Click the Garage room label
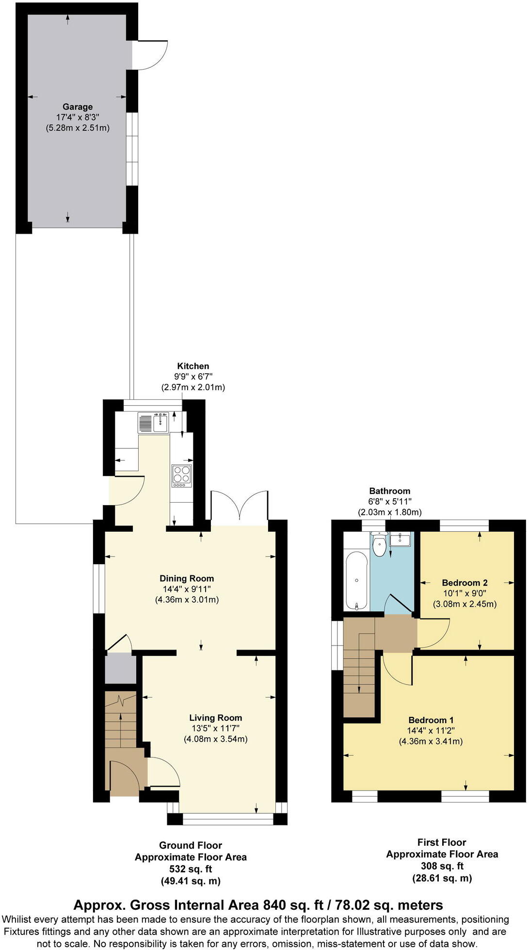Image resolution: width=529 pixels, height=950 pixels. (x=78, y=107)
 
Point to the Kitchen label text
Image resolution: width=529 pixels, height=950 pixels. (x=193, y=366)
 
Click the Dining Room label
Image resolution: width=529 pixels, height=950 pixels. (x=187, y=578)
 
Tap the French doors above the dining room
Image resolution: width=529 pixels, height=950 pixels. (x=240, y=507)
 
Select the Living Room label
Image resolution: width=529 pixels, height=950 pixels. (x=215, y=718)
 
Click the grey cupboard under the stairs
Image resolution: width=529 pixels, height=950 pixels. (x=121, y=669)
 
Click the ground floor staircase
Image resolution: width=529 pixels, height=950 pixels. (x=121, y=722)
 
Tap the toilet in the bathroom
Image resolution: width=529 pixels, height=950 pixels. (x=379, y=546)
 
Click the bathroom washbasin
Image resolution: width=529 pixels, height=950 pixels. (x=401, y=538)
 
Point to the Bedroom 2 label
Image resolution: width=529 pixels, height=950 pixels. (x=465, y=583)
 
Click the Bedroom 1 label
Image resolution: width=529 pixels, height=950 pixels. (x=431, y=720)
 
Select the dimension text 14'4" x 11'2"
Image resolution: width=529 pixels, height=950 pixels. (x=431, y=731)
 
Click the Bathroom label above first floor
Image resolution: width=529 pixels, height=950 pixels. (x=389, y=491)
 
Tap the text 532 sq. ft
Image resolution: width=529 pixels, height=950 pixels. (x=191, y=869)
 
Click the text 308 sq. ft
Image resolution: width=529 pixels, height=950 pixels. (x=442, y=866)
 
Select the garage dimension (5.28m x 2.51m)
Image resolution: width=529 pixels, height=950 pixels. (x=78, y=128)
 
